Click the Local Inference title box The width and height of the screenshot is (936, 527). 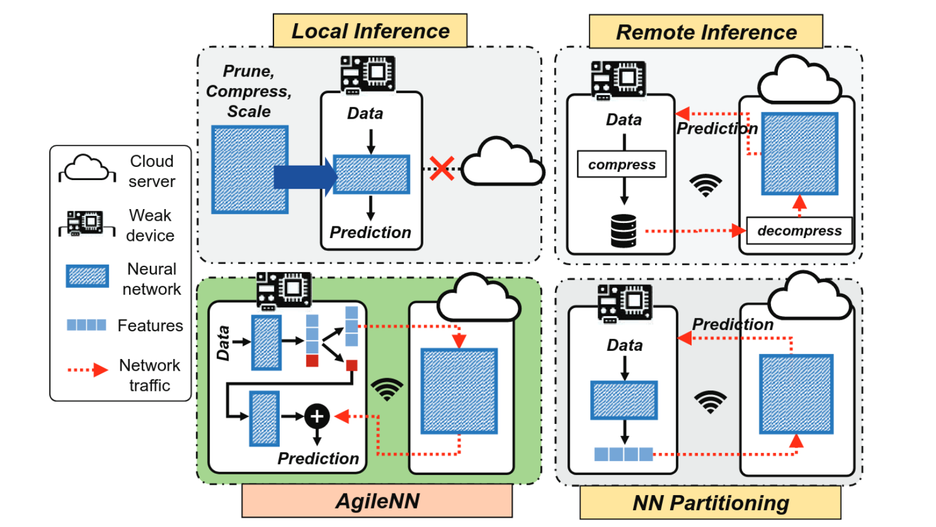(370, 31)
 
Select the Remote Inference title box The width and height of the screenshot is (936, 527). (706, 32)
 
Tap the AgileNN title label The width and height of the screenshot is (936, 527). (377, 501)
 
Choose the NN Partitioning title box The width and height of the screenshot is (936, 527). (710, 503)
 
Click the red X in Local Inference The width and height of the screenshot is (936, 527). (442, 169)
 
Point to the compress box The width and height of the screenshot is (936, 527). (621, 164)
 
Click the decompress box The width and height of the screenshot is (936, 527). (799, 230)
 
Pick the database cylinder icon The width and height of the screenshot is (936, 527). (624, 230)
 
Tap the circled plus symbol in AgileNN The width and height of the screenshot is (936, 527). (317, 416)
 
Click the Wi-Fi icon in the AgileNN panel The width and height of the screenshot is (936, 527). (387, 389)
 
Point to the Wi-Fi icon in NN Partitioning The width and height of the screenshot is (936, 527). (710, 401)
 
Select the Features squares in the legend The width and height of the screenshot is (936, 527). (86, 325)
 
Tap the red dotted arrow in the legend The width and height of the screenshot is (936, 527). (88, 369)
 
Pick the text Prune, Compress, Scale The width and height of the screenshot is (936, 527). (249, 91)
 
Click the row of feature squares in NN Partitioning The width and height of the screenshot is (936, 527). (623, 454)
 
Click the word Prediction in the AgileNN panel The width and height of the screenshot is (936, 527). (318, 458)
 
